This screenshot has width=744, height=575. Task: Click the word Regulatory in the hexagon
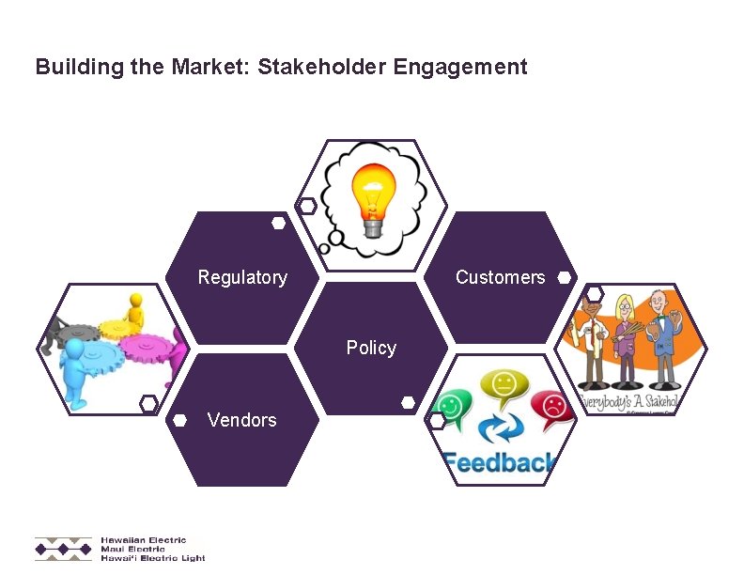(x=242, y=277)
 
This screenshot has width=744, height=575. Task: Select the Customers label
(x=500, y=277)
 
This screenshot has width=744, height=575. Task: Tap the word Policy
(x=371, y=348)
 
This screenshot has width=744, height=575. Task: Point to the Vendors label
(x=242, y=420)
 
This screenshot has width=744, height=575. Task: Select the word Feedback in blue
(x=498, y=463)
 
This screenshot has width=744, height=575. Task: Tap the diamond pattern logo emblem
(x=64, y=549)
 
